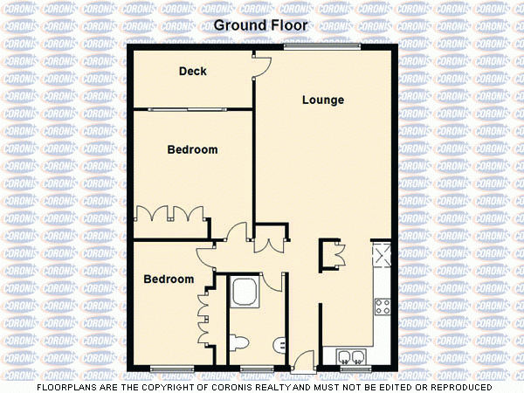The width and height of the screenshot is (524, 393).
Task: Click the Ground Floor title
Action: click(261, 25)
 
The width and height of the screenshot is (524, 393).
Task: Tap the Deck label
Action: click(192, 71)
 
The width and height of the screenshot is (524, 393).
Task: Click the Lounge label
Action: click(322, 100)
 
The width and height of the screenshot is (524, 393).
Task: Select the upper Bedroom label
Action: click(192, 150)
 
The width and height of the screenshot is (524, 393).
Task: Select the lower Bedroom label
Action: click(168, 279)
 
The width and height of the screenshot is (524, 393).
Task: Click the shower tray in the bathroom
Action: click(245, 292)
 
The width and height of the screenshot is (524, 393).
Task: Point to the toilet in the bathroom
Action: click(242, 341)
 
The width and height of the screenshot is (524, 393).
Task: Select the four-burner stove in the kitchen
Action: click(382, 307)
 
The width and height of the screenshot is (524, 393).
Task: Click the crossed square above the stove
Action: click(382, 257)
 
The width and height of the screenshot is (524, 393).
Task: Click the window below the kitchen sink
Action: click(352, 367)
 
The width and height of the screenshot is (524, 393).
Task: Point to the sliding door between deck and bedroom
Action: click(192, 109)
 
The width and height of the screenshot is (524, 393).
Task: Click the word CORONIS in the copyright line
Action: click(253, 386)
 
